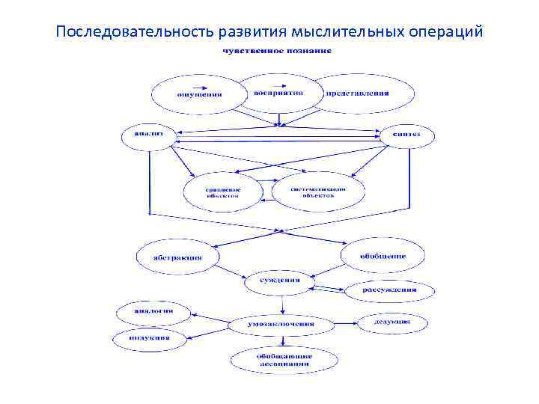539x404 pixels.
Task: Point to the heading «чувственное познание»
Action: pos(276,51)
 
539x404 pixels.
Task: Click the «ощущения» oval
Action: pos(198,95)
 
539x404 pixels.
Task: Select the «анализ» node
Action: pos(147,135)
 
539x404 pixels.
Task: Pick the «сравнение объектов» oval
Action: pos(223,193)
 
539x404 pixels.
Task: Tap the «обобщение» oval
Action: pos(383,256)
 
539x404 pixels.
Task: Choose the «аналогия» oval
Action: pos(153,310)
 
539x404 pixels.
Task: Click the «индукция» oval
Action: pos(151,338)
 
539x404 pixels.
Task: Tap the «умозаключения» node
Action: pos(281,325)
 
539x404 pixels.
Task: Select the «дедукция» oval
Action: pos(392,322)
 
